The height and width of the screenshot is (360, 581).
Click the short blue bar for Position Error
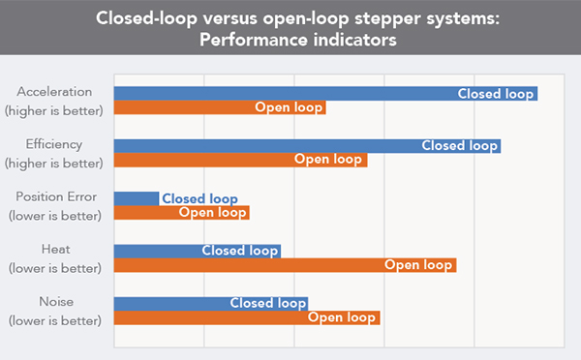[x=137, y=198]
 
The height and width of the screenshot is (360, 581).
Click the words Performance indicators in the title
[x=290, y=43]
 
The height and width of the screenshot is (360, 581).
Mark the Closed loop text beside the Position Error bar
[x=199, y=198]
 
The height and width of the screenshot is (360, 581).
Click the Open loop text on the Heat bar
[x=418, y=265]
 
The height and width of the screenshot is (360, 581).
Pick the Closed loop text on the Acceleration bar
[x=495, y=94]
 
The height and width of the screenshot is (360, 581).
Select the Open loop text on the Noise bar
[x=342, y=317]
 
